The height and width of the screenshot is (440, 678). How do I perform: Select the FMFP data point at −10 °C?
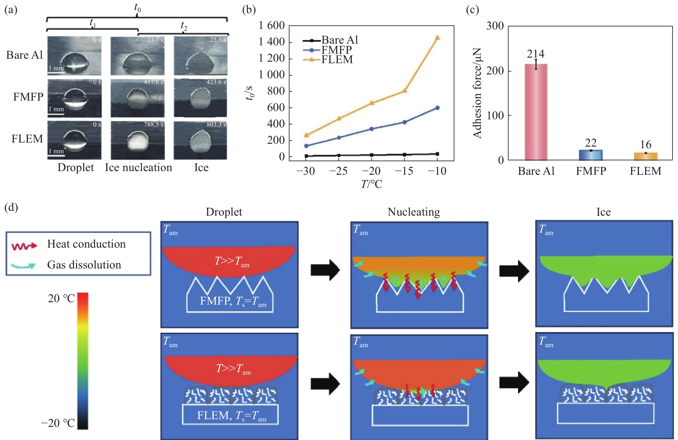point(438,108)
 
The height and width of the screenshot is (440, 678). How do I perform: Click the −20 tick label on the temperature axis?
point(371,171)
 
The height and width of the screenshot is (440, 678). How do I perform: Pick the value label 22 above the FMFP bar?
point(591,143)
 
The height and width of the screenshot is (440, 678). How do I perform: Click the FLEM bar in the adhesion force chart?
point(645,156)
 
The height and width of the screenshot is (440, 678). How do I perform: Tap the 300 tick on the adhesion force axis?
point(495,26)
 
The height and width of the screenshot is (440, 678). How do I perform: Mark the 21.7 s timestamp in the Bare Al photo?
point(155,40)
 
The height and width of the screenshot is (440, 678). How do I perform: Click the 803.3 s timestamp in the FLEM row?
point(216,125)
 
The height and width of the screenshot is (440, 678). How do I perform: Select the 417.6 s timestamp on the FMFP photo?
point(153,82)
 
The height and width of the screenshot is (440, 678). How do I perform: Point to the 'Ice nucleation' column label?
point(138,167)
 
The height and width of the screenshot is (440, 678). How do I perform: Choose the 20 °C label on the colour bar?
point(61,299)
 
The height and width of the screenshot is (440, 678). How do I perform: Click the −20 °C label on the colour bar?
point(58,423)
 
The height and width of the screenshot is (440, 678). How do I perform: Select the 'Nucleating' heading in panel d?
point(414,212)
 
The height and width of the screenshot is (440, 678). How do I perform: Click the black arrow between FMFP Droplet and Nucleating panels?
point(325,270)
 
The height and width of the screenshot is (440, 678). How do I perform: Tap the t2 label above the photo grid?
point(184,26)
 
